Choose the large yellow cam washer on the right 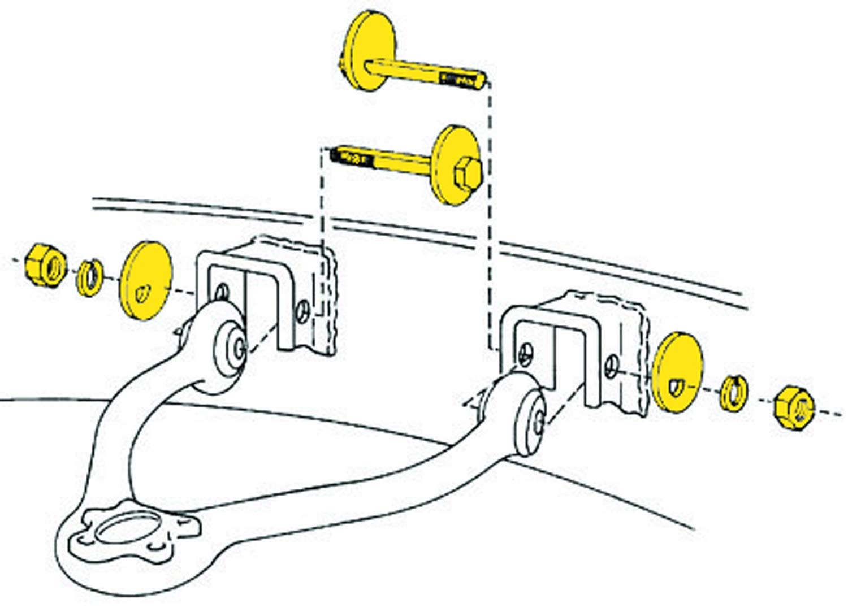pos(677,372)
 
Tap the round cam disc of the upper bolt pos(370,51)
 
